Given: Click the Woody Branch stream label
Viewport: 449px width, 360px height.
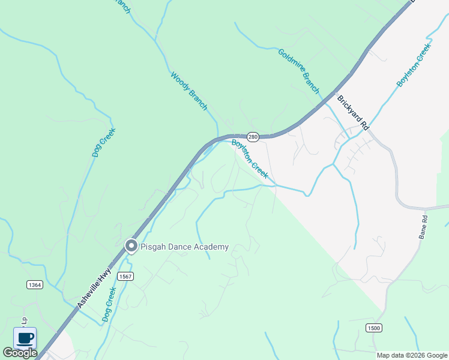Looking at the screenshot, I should click(x=188, y=91).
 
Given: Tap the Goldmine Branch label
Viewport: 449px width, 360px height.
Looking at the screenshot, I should click(x=298, y=70).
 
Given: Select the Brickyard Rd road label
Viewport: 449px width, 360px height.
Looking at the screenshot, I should click(x=352, y=113).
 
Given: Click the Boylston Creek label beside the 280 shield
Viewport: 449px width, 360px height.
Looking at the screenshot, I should click(x=249, y=158).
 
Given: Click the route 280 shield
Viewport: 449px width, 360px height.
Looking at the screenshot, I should click(x=253, y=137).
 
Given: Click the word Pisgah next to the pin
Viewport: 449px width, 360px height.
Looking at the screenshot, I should click(x=154, y=247).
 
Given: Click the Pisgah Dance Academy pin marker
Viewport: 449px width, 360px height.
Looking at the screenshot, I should click(x=130, y=246).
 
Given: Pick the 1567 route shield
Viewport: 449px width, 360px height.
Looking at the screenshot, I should click(x=125, y=276).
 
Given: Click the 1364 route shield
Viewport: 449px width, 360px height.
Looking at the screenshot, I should click(x=35, y=284).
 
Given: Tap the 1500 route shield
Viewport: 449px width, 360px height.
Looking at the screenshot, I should click(x=373, y=327).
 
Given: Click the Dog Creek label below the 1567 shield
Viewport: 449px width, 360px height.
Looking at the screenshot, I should click(x=109, y=304).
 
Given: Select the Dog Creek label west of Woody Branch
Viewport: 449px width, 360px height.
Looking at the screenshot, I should click(x=103, y=143).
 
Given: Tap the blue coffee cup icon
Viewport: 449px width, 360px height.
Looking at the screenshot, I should click(x=25, y=338).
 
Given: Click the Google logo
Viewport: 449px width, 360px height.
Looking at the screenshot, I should click(x=20, y=353).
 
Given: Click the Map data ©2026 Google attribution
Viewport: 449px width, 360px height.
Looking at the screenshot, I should click(x=412, y=355).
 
